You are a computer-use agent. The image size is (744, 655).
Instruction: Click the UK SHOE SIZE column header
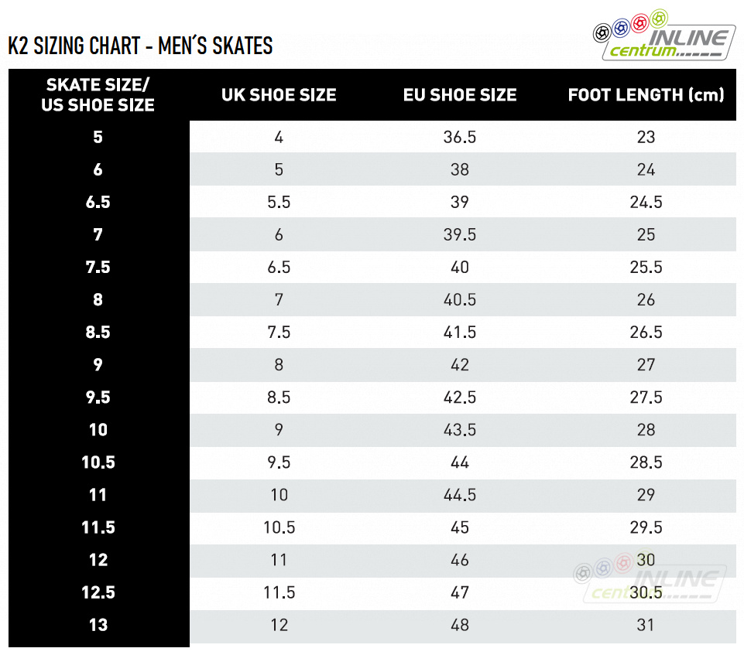point(279,95)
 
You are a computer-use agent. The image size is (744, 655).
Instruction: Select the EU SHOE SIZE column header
point(460,95)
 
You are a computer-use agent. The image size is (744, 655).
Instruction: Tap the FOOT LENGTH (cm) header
point(646,95)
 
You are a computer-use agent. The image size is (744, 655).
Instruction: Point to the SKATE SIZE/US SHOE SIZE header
point(98,95)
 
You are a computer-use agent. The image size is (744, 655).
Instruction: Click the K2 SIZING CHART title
point(140,46)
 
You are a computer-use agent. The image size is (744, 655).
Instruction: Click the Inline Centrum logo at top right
point(664,36)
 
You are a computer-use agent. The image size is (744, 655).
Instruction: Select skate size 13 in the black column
point(98,625)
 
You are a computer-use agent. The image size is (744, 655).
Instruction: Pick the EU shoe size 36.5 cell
point(460,137)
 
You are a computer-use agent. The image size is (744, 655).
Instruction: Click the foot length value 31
point(646,625)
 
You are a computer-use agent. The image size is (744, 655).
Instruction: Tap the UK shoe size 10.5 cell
point(279,527)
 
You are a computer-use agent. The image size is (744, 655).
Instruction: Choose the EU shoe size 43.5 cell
point(460,430)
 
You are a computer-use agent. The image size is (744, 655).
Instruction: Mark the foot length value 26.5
point(646,333)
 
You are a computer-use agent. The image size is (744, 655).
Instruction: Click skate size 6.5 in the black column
point(98,202)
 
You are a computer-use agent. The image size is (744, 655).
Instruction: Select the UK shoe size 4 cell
point(279,137)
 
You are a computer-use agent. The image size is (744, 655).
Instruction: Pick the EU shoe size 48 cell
point(460,625)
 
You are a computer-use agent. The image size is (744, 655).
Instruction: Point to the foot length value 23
point(646,137)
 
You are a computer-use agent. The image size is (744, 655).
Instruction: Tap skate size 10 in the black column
point(98,430)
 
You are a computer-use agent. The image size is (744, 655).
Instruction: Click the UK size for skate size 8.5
point(279,333)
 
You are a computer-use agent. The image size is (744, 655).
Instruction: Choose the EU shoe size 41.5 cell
point(460,333)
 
